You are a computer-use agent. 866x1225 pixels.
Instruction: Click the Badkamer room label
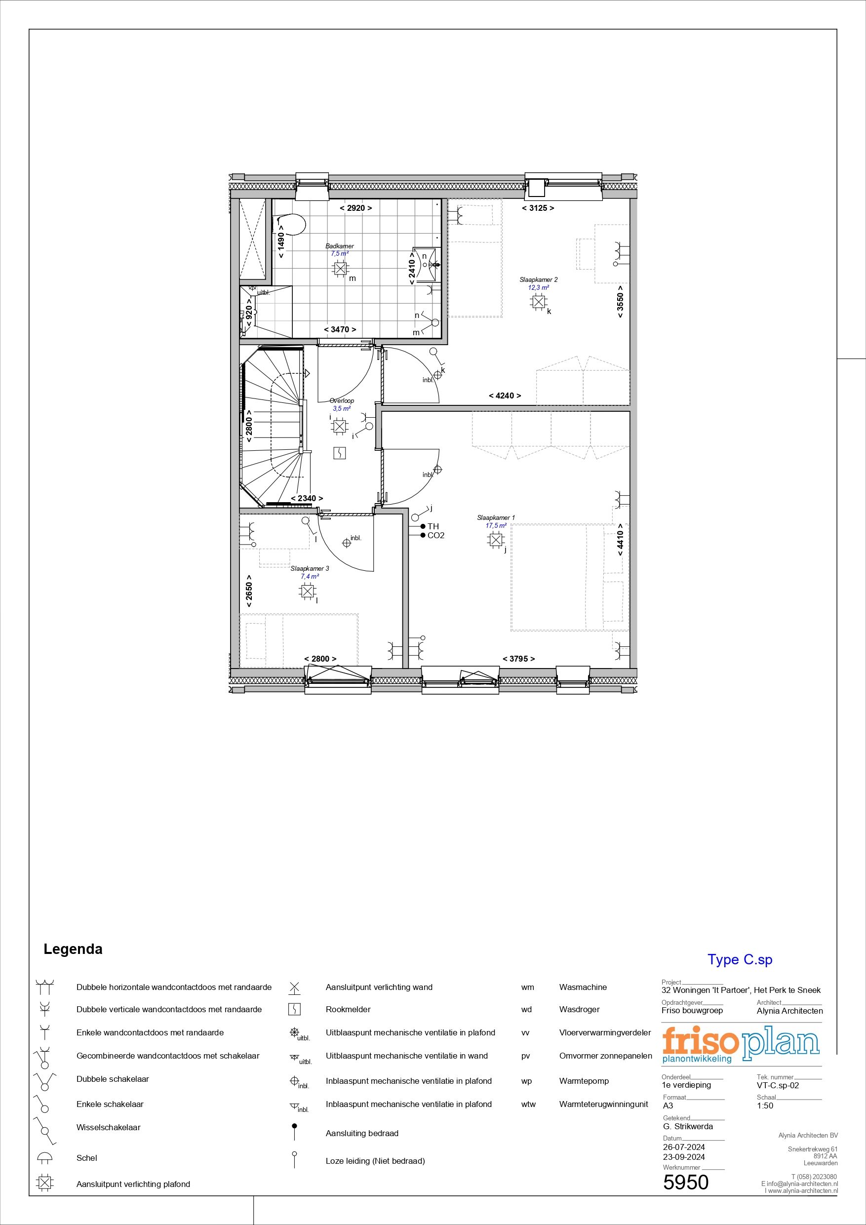(340, 246)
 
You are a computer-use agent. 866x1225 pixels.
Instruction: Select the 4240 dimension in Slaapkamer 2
(504, 395)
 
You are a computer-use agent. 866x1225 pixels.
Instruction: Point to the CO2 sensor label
(436, 535)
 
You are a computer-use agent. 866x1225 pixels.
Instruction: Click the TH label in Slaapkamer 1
(433, 526)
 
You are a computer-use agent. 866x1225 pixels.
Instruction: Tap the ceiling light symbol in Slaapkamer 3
(307, 591)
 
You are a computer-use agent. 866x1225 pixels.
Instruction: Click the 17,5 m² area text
(496, 525)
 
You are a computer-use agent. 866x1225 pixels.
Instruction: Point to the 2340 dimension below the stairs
(307, 498)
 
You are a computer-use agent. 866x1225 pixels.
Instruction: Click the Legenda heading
(73, 949)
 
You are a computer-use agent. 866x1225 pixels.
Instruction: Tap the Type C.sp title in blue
(740, 959)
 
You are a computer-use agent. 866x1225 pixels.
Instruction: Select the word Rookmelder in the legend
(348, 1009)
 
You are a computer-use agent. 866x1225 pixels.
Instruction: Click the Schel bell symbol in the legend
(45, 1158)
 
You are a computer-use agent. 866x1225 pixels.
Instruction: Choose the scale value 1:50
(765, 1106)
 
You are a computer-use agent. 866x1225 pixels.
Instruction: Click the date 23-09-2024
(683, 1157)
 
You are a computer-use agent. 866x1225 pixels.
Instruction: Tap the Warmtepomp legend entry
(584, 1081)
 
